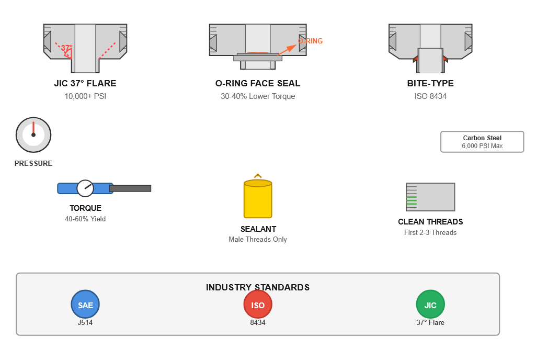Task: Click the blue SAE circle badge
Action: coord(85,305)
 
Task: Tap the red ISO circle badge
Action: coord(258,305)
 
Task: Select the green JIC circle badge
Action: coord(430,305)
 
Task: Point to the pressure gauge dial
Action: coord(33,135)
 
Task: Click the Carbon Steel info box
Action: coord(482,142)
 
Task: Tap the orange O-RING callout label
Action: coord(310,41)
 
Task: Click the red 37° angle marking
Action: coord(67,48)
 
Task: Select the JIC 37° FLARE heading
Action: coord(85,83)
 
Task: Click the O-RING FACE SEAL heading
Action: coord(258,83)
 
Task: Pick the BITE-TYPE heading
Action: coord(430,83)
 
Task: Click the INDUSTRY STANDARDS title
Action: coord(258,287)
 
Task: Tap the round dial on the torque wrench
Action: coord(85,188)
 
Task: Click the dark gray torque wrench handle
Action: coord(130,188)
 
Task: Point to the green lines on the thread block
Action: coord(412,200)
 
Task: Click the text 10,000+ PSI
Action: coord(85,96)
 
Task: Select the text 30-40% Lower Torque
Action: coord(258,96)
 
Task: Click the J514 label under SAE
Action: coord(85,323)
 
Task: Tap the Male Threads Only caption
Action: coord(258,239)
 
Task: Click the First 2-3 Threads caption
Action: coord(430,232)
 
